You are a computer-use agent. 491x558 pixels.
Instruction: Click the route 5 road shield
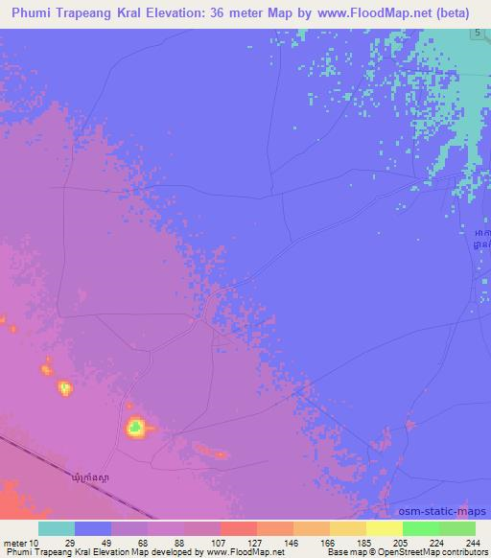pos(477,35)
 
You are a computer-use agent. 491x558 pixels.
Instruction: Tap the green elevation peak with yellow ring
pos(136,427)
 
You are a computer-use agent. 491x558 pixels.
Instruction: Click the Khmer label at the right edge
pos(482,239)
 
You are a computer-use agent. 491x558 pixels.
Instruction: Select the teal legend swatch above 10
pos(56,528)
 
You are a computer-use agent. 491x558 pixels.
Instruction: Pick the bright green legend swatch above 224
pos(419,528)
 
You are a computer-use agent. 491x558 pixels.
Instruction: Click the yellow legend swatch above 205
pos(383,528)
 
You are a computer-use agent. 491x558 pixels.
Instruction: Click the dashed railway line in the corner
pos(58,467)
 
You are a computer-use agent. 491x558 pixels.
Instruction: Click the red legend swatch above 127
pos(237,528)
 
